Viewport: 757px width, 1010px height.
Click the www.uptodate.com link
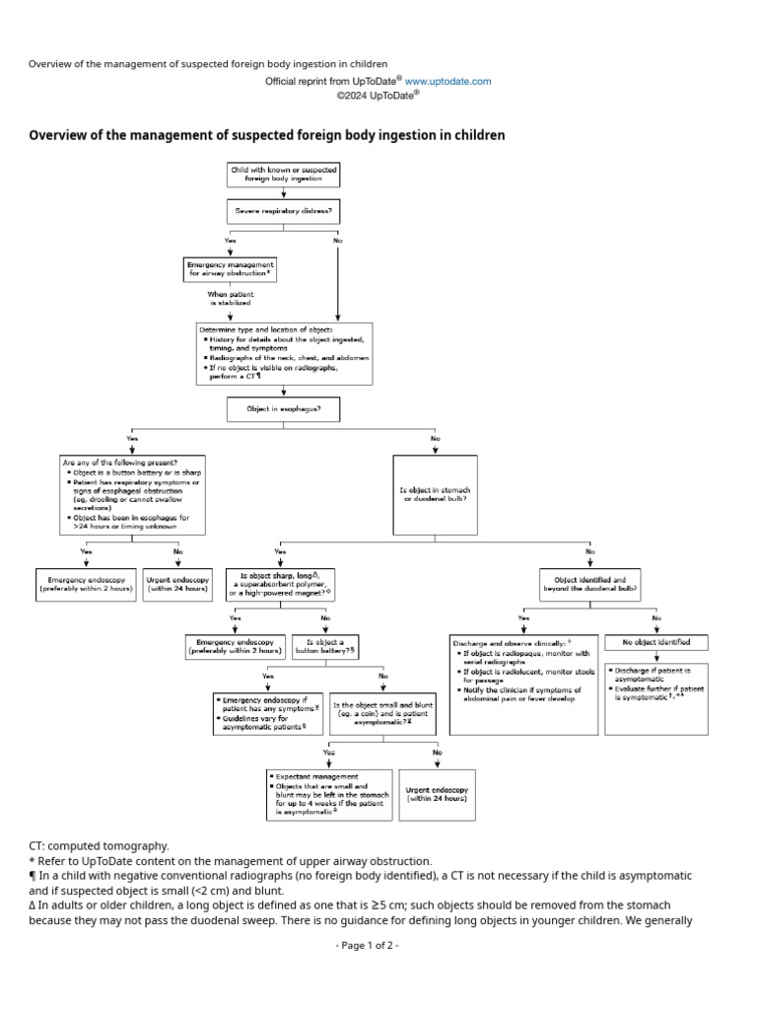point(447,82)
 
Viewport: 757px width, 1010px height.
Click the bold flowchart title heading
point(267,135)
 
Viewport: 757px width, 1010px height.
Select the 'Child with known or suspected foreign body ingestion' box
point(284,176)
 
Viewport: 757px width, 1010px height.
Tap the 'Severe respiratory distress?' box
point(284,211)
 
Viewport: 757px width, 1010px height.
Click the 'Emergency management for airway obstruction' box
point(231,268)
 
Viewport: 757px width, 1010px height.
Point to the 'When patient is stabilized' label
point(230,299)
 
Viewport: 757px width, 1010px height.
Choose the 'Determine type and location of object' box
point(284,352)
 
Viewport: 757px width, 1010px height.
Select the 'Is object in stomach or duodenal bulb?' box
point(435,494)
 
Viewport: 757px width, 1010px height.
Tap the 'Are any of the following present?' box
point(133,494)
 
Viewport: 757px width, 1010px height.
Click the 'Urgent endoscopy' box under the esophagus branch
point(177,585)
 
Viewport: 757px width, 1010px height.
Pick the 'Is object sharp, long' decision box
point(281,584)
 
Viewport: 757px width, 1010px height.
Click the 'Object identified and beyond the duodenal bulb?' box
point(589,584)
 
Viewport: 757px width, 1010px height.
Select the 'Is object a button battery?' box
point(325,647)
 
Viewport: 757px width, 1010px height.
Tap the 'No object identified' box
point(655,642)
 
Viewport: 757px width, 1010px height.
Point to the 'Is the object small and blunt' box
point(382,712)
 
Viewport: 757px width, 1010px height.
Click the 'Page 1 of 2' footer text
point(367,945)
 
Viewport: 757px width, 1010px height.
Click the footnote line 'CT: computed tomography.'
point(99,846)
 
